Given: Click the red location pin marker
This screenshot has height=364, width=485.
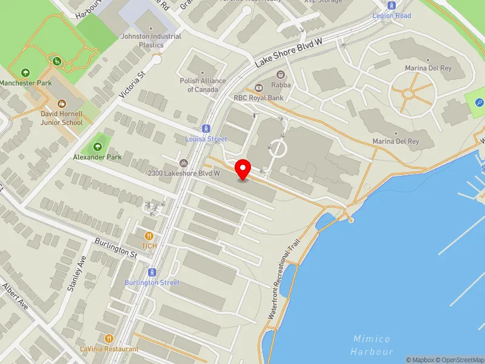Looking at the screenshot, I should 243,169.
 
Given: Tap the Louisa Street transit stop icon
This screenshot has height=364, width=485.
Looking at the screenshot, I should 206,129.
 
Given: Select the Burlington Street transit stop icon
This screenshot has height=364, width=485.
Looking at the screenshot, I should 152,272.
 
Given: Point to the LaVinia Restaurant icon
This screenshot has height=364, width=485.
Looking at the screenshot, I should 109,339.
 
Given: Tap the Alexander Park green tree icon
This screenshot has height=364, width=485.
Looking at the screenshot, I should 98,146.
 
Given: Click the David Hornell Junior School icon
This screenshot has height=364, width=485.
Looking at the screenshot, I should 62,103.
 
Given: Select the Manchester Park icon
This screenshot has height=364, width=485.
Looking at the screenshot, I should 25,73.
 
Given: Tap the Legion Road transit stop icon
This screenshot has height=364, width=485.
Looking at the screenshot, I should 392,5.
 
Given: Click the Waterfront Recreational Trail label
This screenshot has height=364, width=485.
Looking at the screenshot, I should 286,280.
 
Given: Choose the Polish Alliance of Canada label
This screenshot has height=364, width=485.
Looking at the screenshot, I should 202,85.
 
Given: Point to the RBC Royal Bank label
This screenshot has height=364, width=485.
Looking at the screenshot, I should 259,97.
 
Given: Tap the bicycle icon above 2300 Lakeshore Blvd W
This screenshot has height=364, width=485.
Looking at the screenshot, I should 184,163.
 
